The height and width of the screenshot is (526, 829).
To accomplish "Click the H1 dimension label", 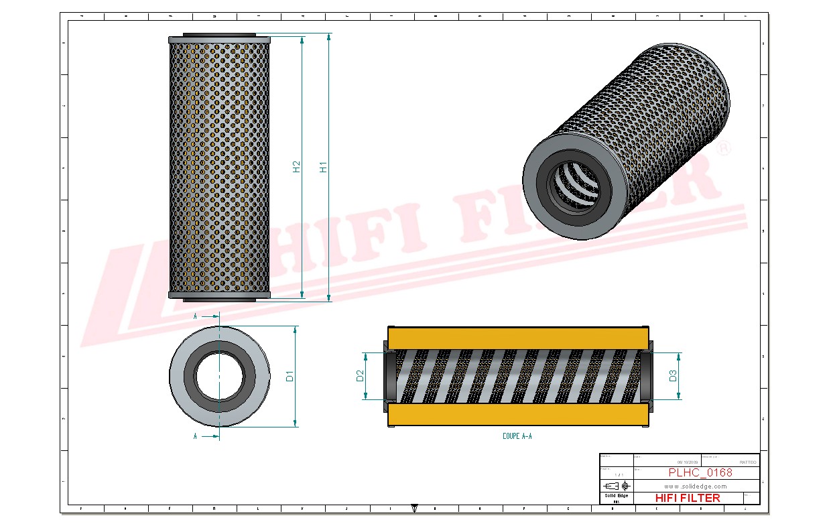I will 323,167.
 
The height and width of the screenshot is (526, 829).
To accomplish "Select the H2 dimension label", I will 296,167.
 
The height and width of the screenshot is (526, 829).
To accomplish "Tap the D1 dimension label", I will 290,376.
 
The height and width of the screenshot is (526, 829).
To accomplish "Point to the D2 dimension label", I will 359,376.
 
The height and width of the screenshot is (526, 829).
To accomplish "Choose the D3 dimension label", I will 673,376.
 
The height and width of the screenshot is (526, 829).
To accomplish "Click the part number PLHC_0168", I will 700,472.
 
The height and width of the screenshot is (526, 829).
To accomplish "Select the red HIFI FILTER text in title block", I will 687,498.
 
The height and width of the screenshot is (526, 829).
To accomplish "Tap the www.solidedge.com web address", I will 696,486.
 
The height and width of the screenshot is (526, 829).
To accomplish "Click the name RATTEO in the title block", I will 747,462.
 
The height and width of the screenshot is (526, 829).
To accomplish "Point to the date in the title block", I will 688,462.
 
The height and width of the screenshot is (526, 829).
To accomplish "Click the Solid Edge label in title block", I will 616,495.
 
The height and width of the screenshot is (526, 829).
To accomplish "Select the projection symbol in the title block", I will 617,485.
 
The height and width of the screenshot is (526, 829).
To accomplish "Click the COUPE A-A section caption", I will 517,436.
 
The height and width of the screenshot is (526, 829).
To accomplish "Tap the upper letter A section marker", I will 195,315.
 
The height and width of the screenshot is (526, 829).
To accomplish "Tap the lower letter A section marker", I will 195,436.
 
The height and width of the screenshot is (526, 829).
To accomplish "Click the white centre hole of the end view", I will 219,376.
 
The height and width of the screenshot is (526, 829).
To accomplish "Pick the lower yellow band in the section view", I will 518,415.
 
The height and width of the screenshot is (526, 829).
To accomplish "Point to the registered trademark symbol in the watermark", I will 724,149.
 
